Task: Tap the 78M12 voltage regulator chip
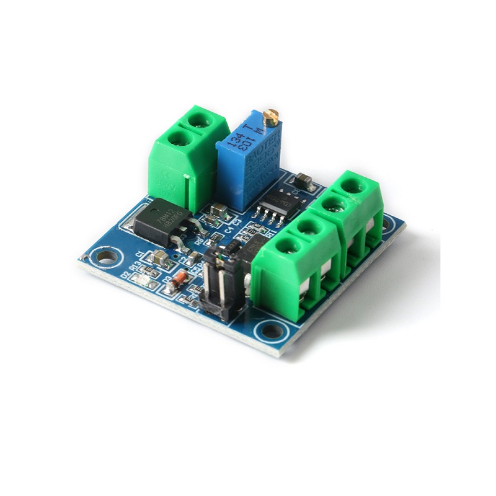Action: [x=162, y=221]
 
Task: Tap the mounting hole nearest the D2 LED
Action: [x=106, y=255]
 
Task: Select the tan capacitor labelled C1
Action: [x=162, y=259]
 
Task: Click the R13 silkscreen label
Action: [x=133, y=267]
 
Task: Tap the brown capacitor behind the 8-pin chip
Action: [x=303, y=180]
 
